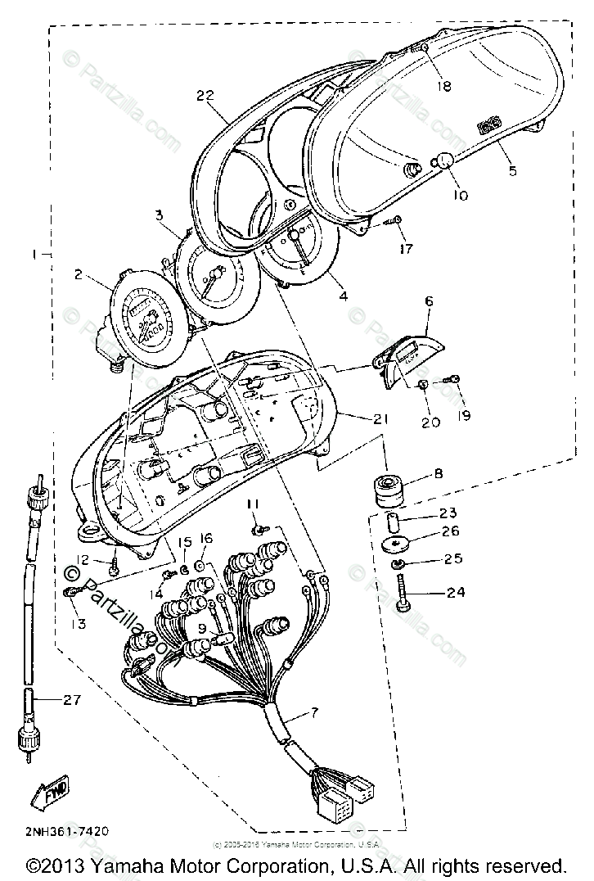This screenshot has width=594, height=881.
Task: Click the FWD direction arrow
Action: [49, 791]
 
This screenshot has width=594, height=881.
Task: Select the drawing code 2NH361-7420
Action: [55, 830]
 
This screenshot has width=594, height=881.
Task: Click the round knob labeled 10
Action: [443, 163]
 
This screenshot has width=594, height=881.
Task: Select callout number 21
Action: [381, 418]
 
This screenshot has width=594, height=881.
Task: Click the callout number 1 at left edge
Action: [34, 254]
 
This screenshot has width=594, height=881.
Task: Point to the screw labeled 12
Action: [115, 564]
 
